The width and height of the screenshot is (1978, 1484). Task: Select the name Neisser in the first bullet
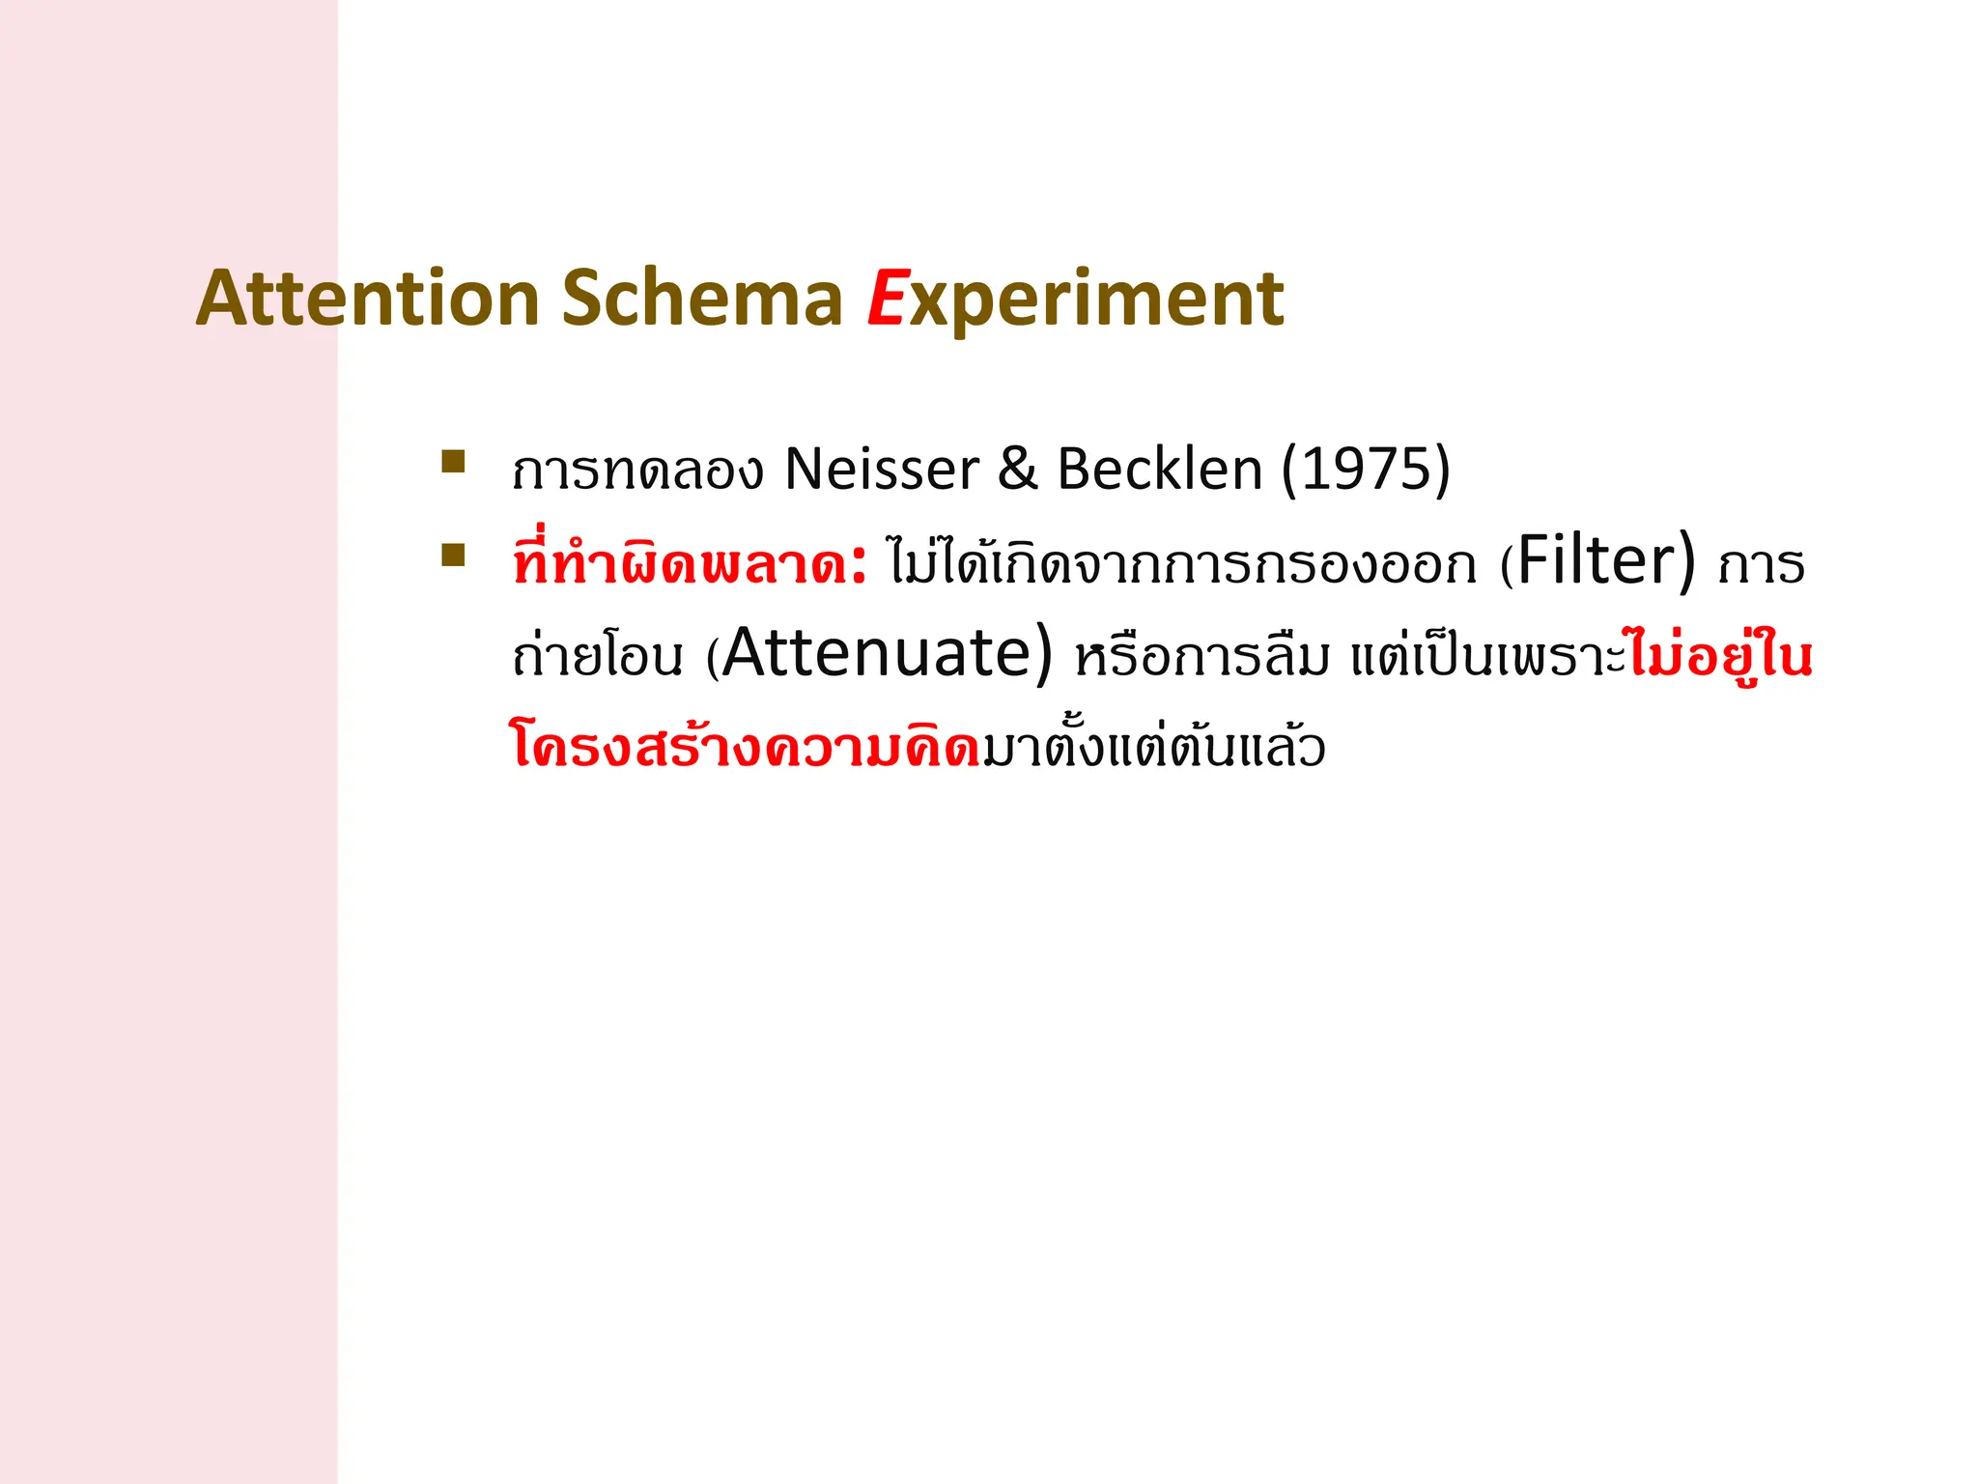[882, 470]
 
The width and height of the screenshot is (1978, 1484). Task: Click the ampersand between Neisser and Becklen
[1017, 470]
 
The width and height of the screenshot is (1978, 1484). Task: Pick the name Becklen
[1160, 470]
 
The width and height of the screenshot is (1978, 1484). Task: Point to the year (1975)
[1366, 470]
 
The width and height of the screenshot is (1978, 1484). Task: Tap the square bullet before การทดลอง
[453, 461]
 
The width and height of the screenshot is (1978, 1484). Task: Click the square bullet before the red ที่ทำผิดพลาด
[453, 555]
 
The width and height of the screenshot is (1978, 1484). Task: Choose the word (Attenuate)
[880, 655]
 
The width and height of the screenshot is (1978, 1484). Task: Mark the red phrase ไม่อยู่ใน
[1720, 655]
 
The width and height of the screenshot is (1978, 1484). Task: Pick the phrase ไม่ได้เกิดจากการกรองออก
[1182, 564]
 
